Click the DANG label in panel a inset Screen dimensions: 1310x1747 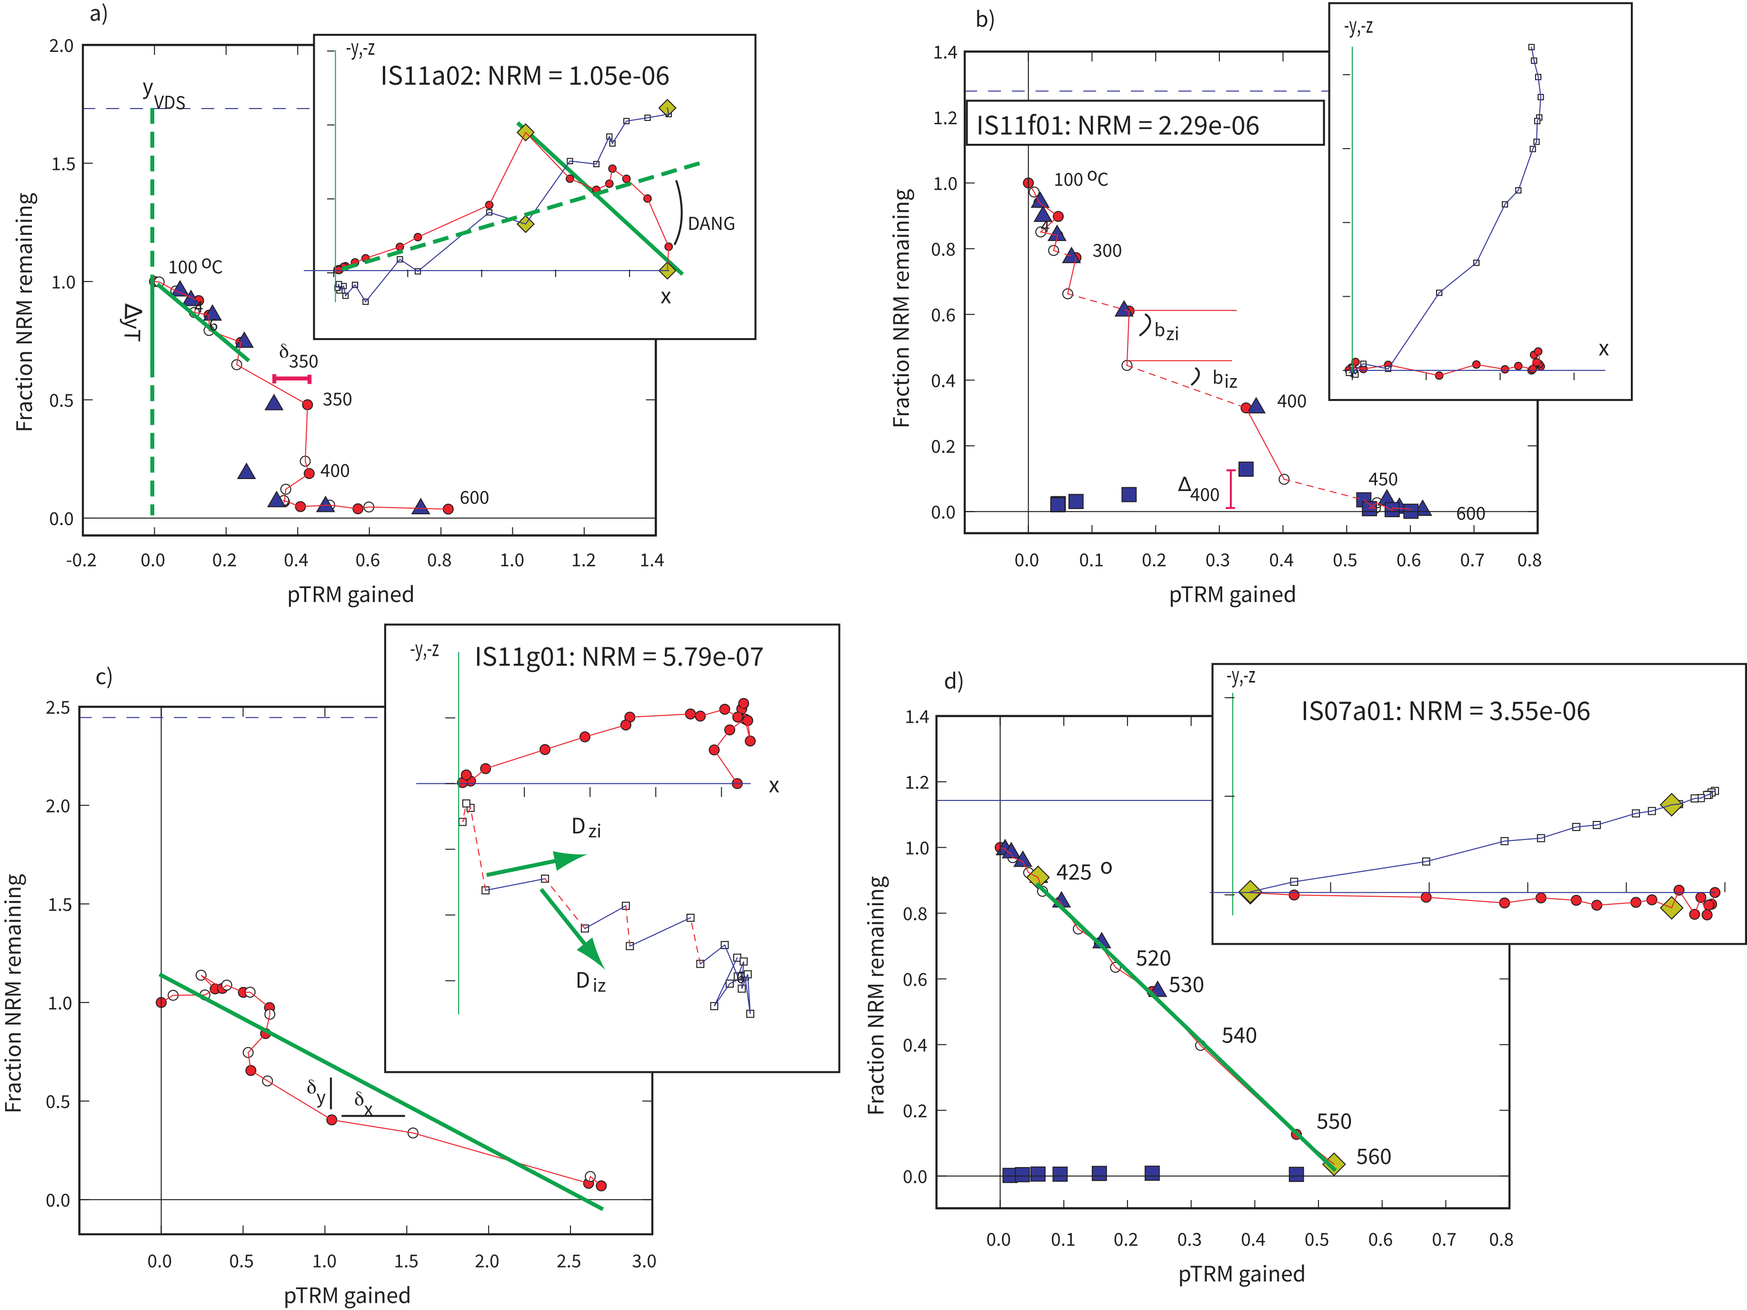(x=711, y=224)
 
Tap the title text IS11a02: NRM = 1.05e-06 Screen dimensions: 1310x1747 (x=524, y=77)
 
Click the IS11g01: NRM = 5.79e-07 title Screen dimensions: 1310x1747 (x=619, y=657)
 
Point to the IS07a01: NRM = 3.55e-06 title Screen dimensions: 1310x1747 (x=1445, y=711)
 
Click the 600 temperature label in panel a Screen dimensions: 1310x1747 (x=474, y=498)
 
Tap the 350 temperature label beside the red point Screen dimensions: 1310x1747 (x=337, y=400)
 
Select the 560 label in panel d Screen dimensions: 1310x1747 (x=1373, y=1157)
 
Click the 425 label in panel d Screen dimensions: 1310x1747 (x=1074, y=872)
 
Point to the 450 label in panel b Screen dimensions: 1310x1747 (x=1382, y=480)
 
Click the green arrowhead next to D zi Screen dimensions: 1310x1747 (x=570, y=859)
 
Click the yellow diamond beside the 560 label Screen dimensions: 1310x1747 (x=1333, y=1164)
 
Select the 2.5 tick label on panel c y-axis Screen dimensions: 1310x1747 (x=58, y=708)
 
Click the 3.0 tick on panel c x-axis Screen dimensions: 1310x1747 (x=644, y=1261)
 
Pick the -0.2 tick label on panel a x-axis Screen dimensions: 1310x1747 (x=81, y=560)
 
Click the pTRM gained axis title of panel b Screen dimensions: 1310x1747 (x=1232, y=595)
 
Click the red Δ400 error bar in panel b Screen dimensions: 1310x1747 (x=1230, y=489)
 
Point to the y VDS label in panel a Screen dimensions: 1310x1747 (x=163, y=95)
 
